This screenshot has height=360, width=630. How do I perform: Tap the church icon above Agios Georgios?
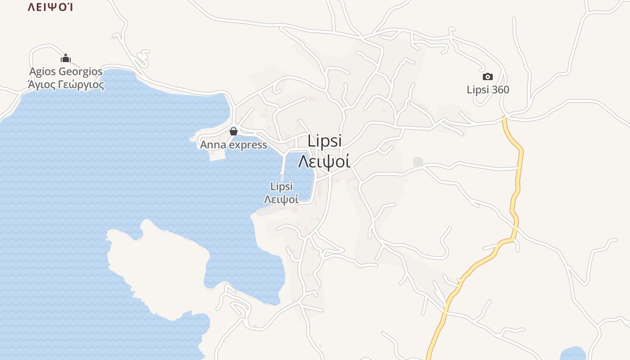pos(66,58)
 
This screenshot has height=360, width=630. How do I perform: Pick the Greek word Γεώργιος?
pos(83,85)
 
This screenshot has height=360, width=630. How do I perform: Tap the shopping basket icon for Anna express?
pos(234,131)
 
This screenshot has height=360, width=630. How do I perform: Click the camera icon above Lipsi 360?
pos(488,76)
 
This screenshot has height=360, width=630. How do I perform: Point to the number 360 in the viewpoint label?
pos(500,90)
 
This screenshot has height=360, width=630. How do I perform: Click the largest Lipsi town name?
pos(325,141)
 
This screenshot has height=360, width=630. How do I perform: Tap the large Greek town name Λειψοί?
pos(324,161)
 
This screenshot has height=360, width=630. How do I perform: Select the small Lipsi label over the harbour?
pos(281,186)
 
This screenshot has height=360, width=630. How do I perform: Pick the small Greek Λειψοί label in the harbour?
pos(281,199)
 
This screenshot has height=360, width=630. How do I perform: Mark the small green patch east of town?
pos(418,161)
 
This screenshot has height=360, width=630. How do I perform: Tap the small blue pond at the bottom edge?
pos(572,353)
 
